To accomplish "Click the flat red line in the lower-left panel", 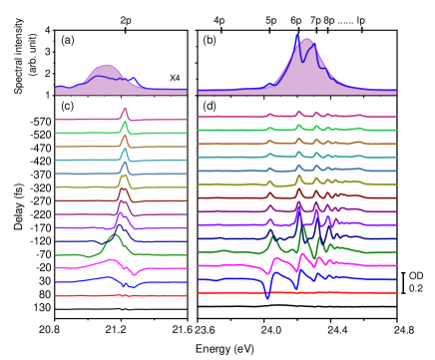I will (90, 295).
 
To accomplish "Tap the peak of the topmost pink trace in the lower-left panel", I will (125, 109).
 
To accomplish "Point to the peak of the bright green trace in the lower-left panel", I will (125, 124).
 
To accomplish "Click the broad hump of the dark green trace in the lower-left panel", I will (113, 238).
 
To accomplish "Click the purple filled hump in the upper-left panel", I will (105, 78).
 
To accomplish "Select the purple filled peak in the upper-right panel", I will (307, 65).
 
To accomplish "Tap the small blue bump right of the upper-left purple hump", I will (134, 80).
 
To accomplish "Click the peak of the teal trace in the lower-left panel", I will (125, 152).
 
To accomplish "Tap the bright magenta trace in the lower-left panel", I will (80, 266).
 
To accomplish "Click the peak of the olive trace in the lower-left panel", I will (124, 178).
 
